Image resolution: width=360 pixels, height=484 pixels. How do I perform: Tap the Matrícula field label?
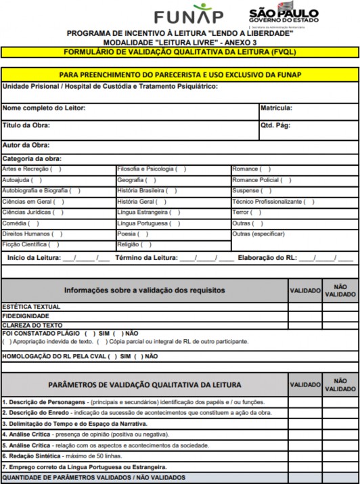[276, 108]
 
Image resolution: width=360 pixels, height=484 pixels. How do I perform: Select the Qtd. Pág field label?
[275, 125]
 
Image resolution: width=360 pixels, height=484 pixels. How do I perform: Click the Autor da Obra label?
[26, 145]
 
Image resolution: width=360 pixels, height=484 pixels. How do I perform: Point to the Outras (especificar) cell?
[258, 234]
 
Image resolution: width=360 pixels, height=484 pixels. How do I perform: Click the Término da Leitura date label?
[147, 258]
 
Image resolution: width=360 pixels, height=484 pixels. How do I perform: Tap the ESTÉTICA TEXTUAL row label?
[31, 307]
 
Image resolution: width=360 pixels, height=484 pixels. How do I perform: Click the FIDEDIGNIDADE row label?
[26, 316]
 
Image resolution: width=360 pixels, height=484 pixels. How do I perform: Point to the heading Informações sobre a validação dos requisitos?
[144, 290]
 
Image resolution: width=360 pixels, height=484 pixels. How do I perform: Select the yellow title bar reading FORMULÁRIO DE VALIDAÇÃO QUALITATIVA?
[180, 51]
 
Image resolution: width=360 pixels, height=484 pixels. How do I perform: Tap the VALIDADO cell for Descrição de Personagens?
[305, 402]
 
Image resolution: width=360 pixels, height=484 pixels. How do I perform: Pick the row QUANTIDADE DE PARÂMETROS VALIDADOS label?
[94, 477]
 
